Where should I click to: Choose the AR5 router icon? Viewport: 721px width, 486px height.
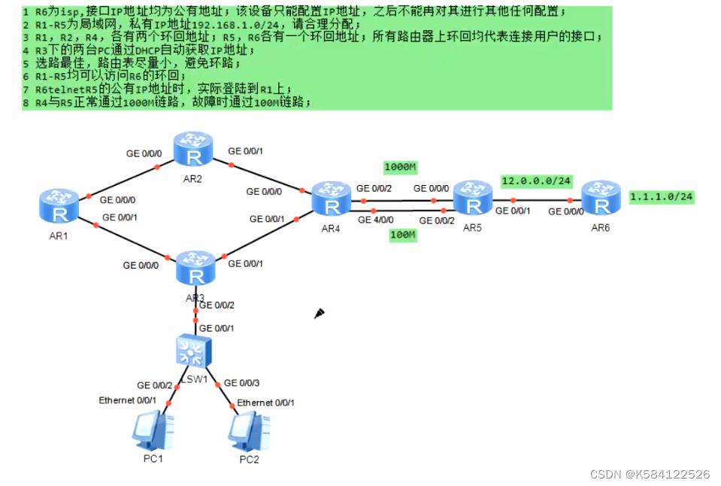pos(472,199)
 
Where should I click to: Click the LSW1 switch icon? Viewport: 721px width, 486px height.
pos(195,351)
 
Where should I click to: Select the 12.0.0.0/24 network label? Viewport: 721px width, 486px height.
pos(537,181)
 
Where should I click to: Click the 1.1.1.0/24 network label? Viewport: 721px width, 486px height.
pos(661,196)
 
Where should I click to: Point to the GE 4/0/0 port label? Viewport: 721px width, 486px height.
pos(376,220)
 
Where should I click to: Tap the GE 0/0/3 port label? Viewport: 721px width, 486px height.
pos(242,384)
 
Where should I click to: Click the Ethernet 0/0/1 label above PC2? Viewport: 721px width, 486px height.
pos(265,402)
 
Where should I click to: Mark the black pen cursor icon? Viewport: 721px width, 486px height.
pos(319,313)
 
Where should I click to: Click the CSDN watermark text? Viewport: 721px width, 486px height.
pos(650,474)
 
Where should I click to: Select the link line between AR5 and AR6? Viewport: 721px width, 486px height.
pos(541,201)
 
